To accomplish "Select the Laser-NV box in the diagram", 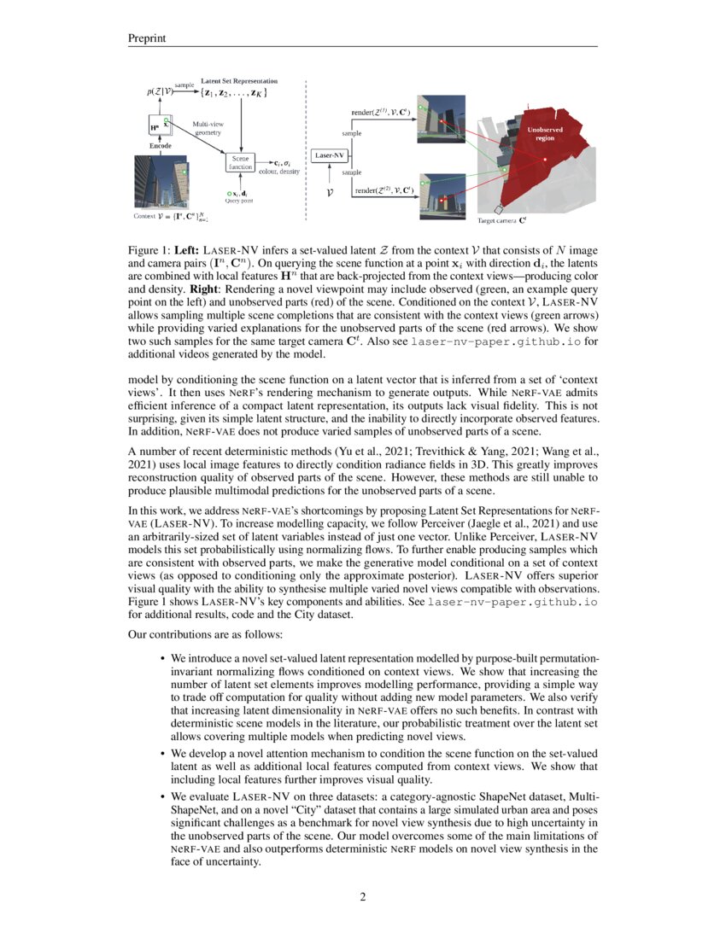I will point(330,155).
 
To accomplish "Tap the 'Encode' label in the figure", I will point(161,146).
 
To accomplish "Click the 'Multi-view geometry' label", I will point(208,128).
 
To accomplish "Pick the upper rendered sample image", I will point(439,119).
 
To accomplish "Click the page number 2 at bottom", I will point(363,896).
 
